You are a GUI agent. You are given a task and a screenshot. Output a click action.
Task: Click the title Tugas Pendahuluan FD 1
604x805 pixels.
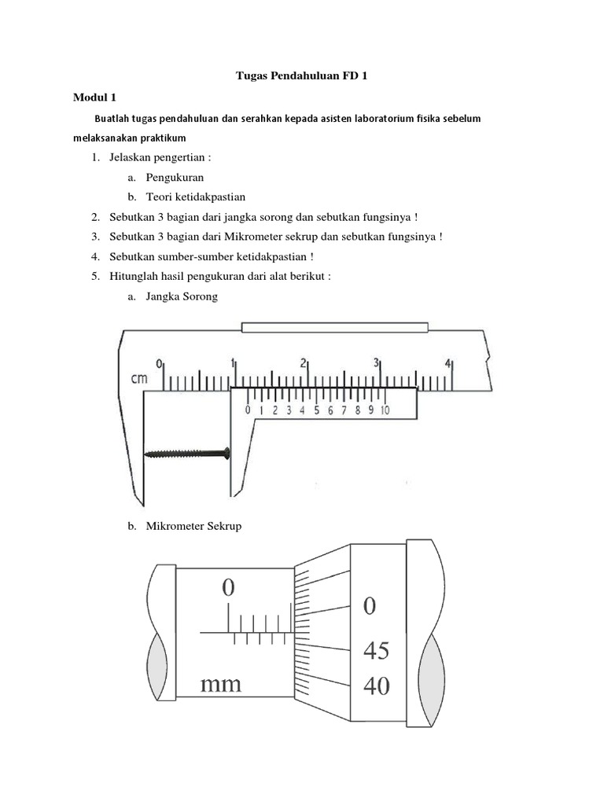tap(303, 76)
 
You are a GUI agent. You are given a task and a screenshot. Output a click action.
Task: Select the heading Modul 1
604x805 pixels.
tap(94, 97)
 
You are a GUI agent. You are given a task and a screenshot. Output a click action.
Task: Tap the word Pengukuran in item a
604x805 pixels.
tap(175, 178)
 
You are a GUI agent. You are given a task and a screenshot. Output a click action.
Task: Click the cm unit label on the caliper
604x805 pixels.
tap(139, 379)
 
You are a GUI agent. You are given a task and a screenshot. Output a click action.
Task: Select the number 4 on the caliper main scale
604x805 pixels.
tap(448, 363)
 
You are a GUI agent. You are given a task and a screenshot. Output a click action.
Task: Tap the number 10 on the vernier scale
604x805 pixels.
tap(385, 410)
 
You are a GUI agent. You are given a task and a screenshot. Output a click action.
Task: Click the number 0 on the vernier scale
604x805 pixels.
tap(248, 410)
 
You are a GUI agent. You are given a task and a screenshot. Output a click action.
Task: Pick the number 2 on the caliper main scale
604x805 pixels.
tap(304, 363)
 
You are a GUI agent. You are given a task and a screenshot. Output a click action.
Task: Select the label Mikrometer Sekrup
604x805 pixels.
tap(193, 526)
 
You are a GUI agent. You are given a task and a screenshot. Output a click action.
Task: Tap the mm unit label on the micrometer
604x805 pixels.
tap(221, 684)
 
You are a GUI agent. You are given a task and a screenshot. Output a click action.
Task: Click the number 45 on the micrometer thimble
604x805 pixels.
tap(375, 652)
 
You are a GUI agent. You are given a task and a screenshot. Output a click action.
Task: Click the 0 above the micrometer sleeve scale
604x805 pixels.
tap(228, 588)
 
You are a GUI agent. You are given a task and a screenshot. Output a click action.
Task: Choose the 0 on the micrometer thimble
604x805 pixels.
tap(370, 607)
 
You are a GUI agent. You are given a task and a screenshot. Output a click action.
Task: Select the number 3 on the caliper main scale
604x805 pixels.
tap(377, 363)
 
